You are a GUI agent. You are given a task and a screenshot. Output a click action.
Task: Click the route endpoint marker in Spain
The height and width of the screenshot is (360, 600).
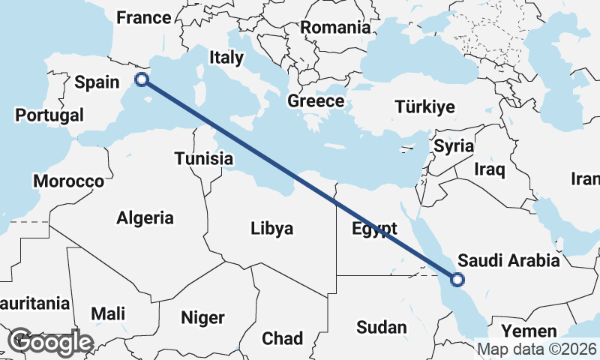141,79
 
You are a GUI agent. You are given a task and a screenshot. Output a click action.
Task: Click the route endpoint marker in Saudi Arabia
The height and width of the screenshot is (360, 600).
457,280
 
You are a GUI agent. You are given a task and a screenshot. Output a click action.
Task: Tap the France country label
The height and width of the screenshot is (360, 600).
144,17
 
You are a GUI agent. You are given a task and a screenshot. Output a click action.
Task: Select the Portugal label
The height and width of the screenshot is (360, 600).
49,115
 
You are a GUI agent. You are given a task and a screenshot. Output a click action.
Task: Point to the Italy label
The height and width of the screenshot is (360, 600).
226,57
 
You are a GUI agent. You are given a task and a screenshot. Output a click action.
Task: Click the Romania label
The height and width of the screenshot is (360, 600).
335,28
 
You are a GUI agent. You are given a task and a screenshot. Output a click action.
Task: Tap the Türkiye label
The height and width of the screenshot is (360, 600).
424,107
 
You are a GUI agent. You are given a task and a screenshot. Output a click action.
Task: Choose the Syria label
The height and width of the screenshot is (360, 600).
454,146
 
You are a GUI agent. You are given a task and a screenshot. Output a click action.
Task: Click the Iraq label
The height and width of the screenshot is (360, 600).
490,169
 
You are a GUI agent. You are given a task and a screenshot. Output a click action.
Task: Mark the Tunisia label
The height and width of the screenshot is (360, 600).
203,159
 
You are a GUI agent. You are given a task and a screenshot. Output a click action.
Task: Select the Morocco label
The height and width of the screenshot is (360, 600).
68,181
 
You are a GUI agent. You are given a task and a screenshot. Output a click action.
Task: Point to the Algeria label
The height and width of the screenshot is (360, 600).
145,218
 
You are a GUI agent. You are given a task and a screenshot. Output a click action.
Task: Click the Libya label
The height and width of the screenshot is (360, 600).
272,229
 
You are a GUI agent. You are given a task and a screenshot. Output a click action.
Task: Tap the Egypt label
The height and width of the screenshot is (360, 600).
374,229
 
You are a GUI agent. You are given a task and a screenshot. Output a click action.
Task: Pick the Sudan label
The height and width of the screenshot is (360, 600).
382,327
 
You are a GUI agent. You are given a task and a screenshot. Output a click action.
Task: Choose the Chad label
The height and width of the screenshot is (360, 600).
282,338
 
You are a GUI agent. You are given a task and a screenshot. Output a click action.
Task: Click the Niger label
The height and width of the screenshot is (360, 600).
202,318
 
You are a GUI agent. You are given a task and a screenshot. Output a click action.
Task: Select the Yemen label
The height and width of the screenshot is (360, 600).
529,331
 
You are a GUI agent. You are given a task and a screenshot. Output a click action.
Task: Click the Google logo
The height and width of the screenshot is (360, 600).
50,342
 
